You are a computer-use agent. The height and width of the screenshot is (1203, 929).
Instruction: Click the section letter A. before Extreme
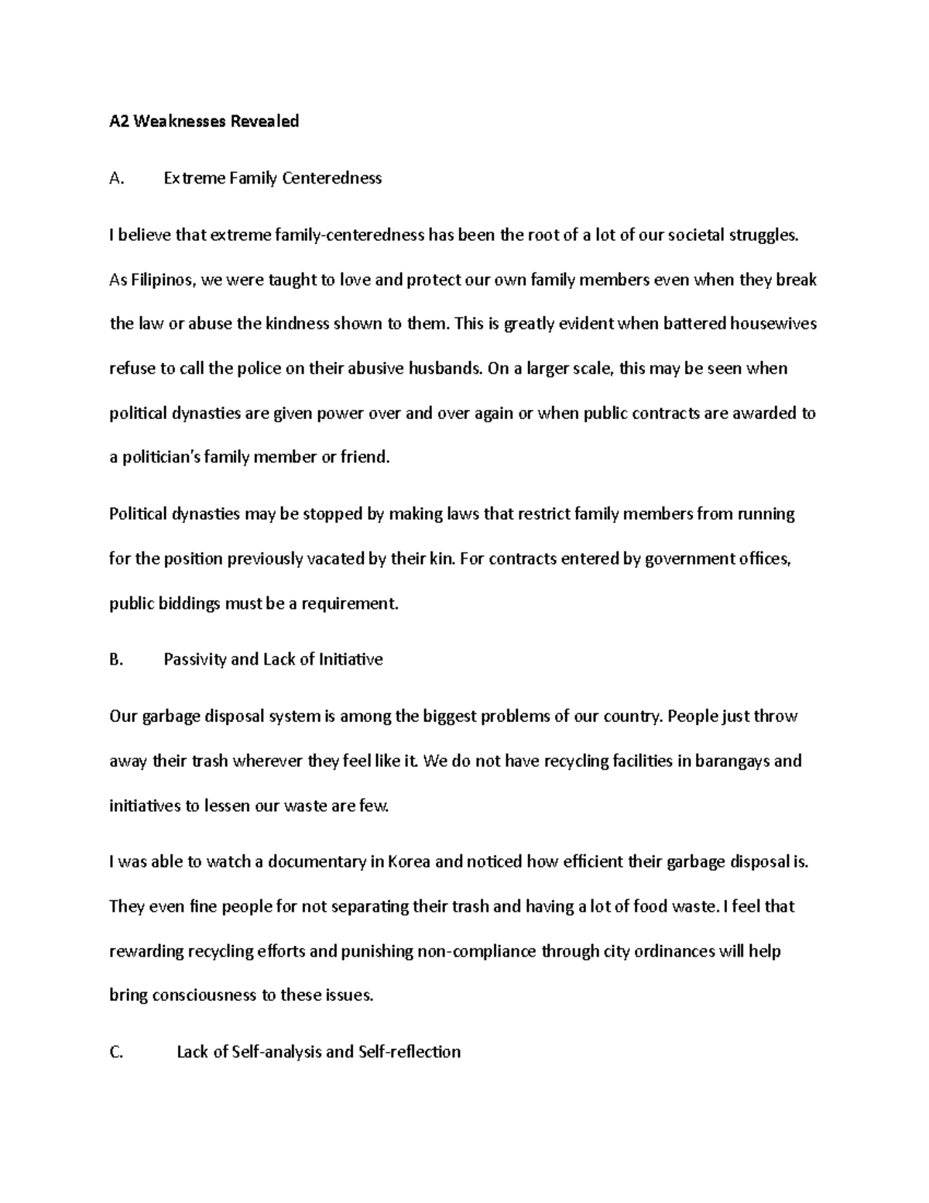click(x=117, y=179)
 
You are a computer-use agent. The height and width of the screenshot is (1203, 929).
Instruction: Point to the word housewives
click(x=773, y=324)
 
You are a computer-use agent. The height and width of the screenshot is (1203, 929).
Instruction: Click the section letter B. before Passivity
click(x=117, y=660)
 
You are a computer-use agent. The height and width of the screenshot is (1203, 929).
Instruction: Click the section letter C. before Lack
click(x=117, y=1052)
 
